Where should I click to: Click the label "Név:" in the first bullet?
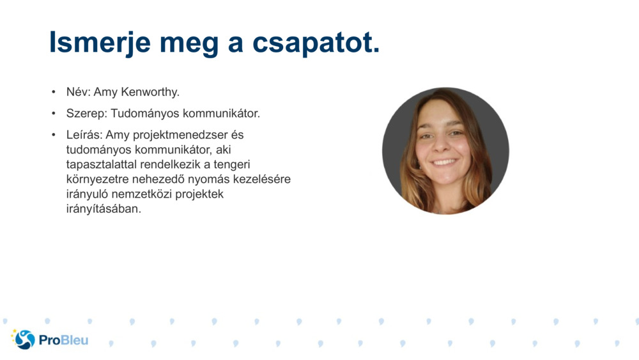[x=79, y=92]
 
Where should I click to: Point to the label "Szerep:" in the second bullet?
[x=87, y=114]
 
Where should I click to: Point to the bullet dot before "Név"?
[x=54, y=93]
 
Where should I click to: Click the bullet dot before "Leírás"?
[x=54, y=136]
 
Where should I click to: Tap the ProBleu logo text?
[x=63, y=340]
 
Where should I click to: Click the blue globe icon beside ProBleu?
[x=24, y=340]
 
